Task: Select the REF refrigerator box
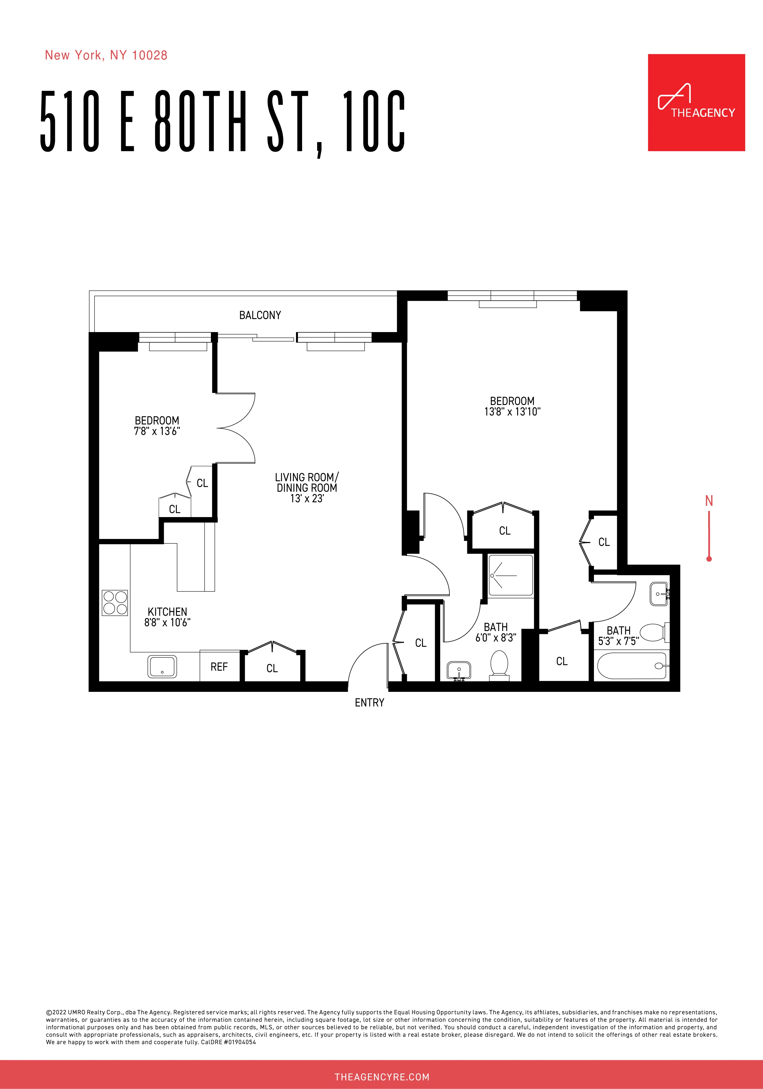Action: coord(219,667)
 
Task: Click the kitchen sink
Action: coord(162,666)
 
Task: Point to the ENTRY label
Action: coord(369,702)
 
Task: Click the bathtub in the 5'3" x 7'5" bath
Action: coord(631,666)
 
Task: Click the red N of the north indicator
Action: coord(709,501)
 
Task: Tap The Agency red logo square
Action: coord(696,102)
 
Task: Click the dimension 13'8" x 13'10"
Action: coord(512,412)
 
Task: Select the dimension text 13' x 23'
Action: coord(307,499)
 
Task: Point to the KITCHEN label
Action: coord(167,612)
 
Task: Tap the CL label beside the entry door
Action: coord(420,643)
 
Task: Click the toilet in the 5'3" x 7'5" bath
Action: coord(654,632)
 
